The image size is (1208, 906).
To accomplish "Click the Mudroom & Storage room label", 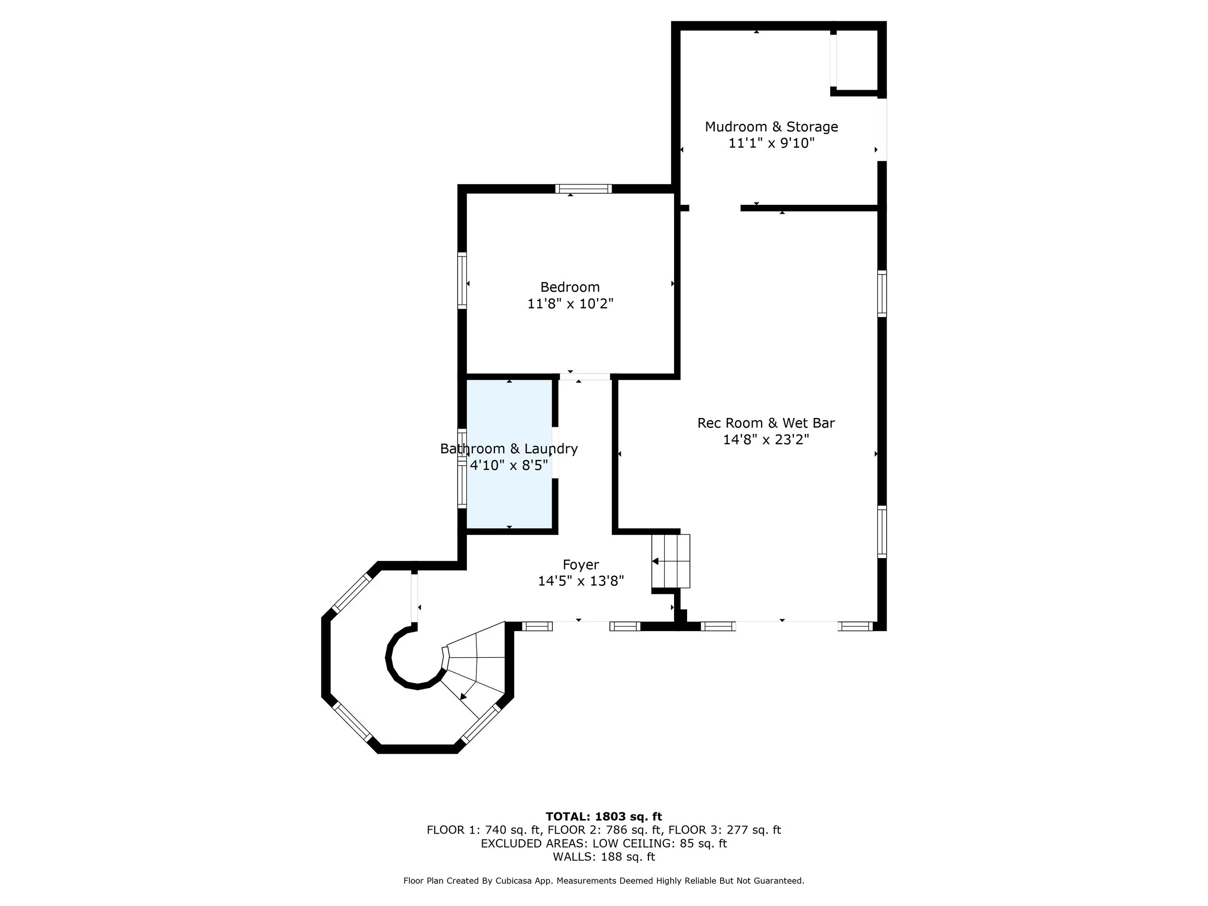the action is click(771, 127).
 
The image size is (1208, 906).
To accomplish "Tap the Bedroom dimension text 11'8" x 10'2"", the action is click(570, 303).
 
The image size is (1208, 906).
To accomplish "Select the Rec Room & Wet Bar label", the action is click(766, 423).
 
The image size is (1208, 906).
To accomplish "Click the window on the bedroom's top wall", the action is click(583, 189).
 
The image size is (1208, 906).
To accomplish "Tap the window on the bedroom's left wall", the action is click(462, 280).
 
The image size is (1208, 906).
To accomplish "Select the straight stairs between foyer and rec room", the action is click(671, 561).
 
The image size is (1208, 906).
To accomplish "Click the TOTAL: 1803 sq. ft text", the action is click(604, 817).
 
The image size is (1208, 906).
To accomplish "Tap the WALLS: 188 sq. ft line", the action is click(604, 857).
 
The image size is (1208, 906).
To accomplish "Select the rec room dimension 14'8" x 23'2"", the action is click(766, 440).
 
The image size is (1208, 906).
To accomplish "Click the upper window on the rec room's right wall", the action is click(882, 293).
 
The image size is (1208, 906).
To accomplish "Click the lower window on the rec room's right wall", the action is click(882, 532).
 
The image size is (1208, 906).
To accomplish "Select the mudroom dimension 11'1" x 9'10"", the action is click(771, 143).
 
